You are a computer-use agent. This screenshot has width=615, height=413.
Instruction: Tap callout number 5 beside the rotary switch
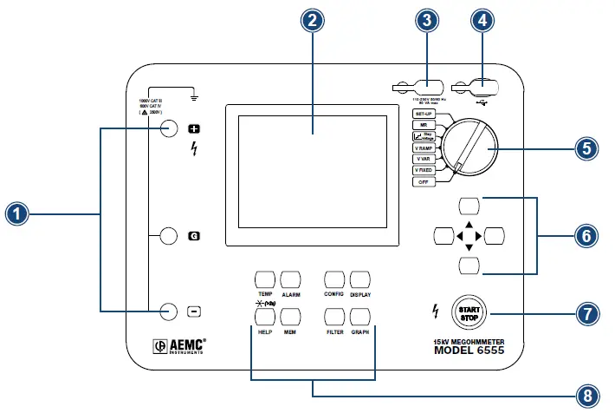[x=587, y=148]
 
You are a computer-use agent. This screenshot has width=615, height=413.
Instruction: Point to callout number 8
[x=587, y=395]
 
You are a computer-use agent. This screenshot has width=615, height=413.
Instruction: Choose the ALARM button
[x=290, y=279]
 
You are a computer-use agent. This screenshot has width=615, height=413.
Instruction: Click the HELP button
[x=264, y=316]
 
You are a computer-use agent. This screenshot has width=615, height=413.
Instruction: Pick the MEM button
[x=290, y=316]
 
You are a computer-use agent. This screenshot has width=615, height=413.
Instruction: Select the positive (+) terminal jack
[x=170, y=129]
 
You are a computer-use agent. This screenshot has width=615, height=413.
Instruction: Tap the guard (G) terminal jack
[x=170, y=235]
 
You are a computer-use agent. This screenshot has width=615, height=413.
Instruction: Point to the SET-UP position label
[x=423, y=115]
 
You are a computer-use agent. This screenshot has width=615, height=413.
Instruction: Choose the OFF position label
[x=423, y=182]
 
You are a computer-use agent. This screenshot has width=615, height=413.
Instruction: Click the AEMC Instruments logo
[x=180, y=345]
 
